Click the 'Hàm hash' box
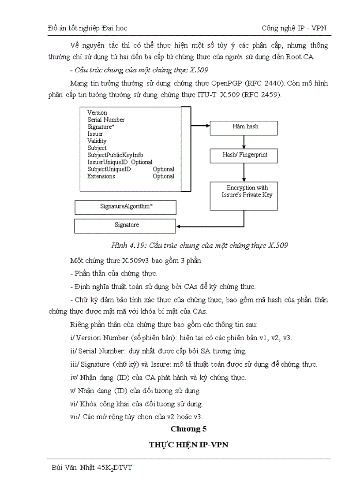click(x=244, y=127)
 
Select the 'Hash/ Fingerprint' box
click(x=244, y=156)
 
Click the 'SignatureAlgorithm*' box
click(x=125, y=207)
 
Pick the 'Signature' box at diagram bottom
click(x=125, y=225)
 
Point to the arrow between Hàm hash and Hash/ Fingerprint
click(x=244, y=142)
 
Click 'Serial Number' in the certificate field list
click(x=106, y=120)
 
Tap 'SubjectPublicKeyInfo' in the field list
click(x=115, y=155)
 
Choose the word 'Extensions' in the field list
click(x=101, y=176)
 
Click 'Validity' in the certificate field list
click(x=97, y=141)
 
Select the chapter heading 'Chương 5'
click(x=188, y=428)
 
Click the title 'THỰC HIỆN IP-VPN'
click(x=188, y=445)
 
